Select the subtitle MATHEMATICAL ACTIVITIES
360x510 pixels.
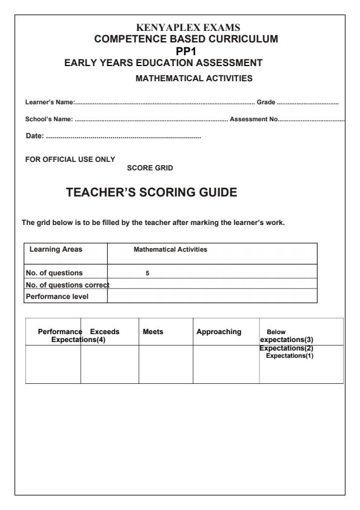[x=194, y=78]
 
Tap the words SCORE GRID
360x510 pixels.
[x=150, y=168]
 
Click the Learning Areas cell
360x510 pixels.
[x=56, y=249]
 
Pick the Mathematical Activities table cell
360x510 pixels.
[x=170, y=249]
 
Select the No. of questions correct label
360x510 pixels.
[x=61, y=284]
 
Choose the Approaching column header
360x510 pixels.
[x=219, y=332]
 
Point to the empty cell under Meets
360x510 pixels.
[x=166, y=364]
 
